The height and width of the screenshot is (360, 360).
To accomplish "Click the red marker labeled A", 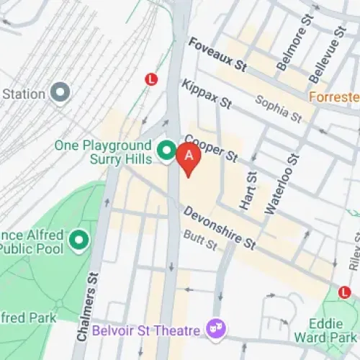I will coord(189,156).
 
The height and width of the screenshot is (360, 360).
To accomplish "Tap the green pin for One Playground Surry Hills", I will coord(167,150).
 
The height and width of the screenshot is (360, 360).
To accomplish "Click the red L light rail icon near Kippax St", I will coord(151,80).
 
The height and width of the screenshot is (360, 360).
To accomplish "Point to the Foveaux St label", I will coord(217,55).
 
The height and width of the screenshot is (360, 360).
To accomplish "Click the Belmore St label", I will coord(292,53).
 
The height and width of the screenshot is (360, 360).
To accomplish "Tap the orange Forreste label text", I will coord(334,96).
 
